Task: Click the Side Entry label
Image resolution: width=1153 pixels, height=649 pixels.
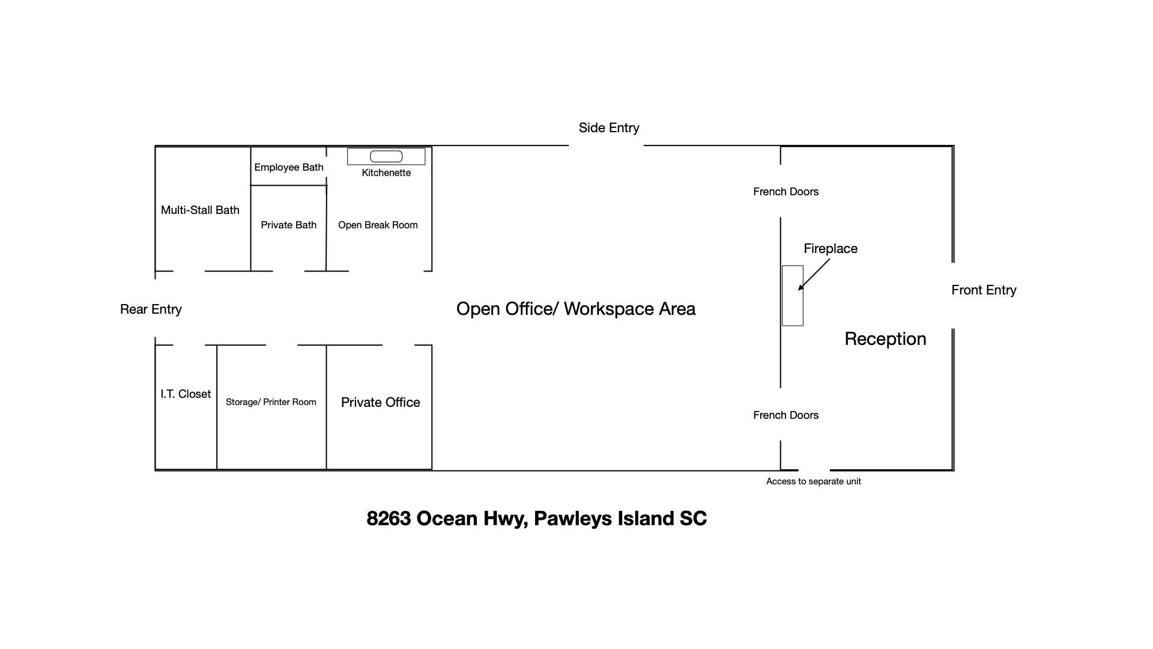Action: pyautogui.click(x=608, y=128)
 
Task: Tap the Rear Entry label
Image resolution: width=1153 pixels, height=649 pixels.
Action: pyautogui.click(x=151, y=309)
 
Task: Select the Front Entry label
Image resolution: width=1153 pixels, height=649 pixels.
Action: pyautogui.click(x=984, y=290)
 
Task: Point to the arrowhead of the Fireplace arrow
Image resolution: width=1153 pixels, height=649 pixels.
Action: pyautogui.click(x=800, y=288)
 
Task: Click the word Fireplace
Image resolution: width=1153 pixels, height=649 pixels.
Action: pyautogui.click(x=831, y=249)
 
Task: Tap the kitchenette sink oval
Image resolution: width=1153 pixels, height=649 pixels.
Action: pyautogui.click(x=386, y=157)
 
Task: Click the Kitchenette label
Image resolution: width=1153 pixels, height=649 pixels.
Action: pyautogui.click(x=386, y=173)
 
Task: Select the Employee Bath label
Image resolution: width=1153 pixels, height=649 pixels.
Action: pyautogui.click(x=288, y=168)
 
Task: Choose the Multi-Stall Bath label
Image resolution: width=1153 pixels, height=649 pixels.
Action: pyautogui.click(x=200, y=210)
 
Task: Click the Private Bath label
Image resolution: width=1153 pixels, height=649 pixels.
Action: pyautogui.click(x=288, y=225)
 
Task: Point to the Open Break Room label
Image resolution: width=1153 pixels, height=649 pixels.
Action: pyautogui.click(x=378, y=225)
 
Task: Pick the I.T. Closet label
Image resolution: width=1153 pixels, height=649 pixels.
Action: pyautogui.click(x=186, y=394)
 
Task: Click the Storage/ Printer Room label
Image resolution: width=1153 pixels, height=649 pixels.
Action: pyautogui.click(x=271, y=402)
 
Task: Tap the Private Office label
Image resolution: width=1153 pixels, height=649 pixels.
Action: pyautogui.click(x=380, y=403)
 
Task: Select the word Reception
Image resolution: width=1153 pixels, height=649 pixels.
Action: pyautogui.click(x=885, y=339)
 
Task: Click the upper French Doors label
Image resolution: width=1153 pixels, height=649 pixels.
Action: pyautogui.click(x=785, y=192)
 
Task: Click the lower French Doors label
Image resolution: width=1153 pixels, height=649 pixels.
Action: pyautogui.click(x=785, y=415)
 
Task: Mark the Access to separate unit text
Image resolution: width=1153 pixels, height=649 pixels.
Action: pyautogui.click(x=813, y=481)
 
